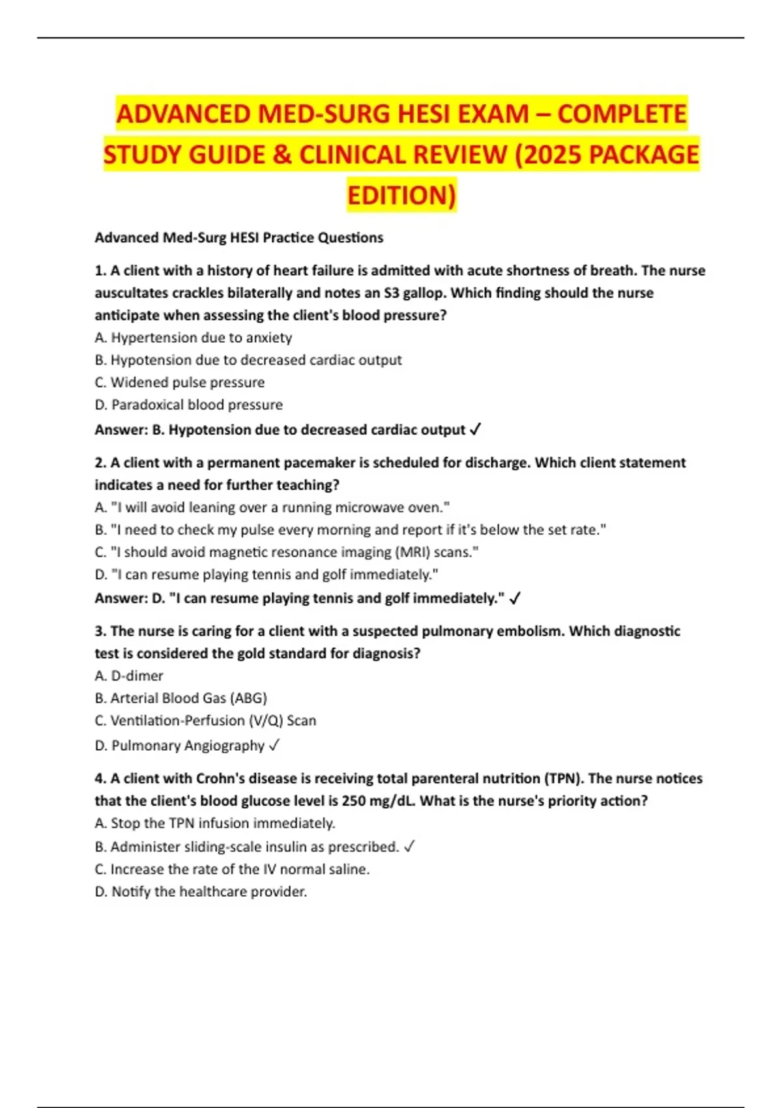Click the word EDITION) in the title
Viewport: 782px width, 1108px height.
(401, 195)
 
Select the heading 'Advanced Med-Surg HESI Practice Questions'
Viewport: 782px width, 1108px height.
(239, 238)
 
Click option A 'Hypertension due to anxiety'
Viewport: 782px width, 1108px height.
(194, 338)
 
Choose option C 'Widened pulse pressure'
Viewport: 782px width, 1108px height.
(180, 382)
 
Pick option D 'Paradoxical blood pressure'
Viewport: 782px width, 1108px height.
(189, 405)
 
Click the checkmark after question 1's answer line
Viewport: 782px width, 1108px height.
(475, 430)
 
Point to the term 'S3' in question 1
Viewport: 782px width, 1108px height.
(391, 293)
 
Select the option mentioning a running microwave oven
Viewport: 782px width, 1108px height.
(272, 507)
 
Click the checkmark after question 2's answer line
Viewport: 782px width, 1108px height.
(515, 598)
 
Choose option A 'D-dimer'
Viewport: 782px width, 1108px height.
(129, 676)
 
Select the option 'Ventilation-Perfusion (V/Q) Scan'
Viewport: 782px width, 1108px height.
(205, 721)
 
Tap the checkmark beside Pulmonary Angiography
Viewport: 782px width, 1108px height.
(274, 745)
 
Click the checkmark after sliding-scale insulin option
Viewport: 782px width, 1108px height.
(409, 847)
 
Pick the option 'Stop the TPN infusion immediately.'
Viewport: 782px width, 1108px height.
(215, 823)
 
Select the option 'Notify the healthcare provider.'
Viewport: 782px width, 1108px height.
(201, 892)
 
